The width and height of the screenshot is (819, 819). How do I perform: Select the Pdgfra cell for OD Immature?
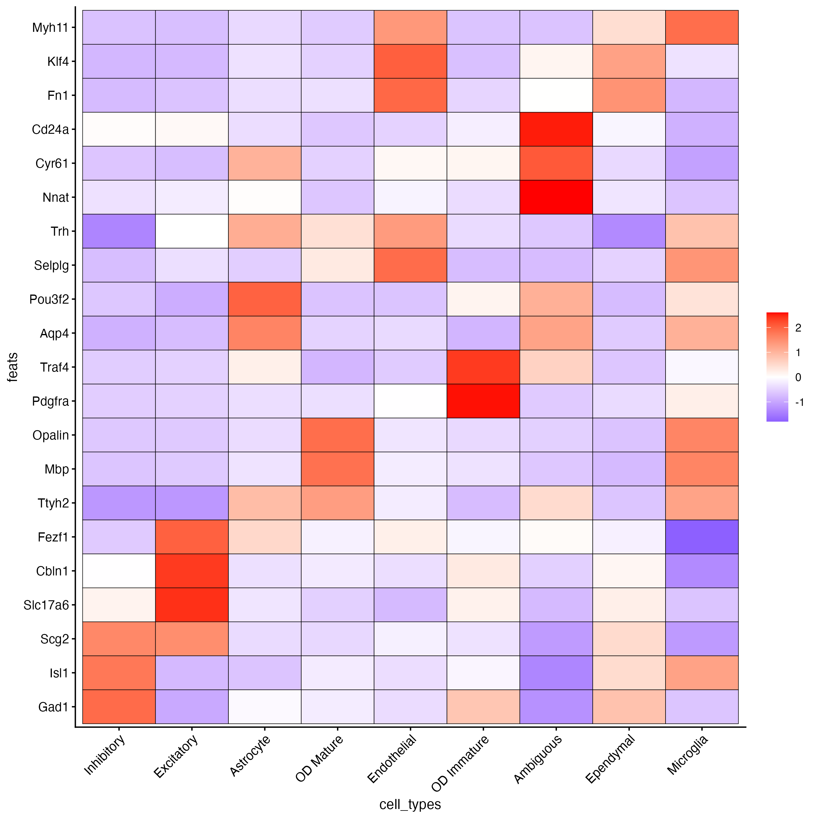[483, 401]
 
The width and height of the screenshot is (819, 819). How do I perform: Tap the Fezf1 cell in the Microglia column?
[702, 537]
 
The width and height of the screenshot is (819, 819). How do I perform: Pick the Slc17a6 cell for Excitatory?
[192, 605]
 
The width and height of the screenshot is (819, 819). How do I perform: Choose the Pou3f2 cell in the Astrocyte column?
[265, 299]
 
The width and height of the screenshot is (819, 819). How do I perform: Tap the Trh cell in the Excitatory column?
[192, 231]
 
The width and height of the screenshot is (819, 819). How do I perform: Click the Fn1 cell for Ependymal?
[629, 95]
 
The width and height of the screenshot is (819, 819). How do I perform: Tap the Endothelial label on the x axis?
[393, 759]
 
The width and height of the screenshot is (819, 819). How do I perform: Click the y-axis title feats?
[13, 367]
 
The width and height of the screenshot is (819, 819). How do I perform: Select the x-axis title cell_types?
[410, 804]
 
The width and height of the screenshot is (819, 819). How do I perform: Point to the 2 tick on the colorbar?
[798, 328]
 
